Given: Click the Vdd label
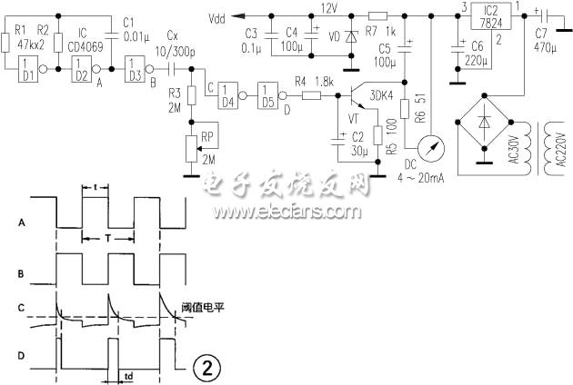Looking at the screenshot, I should click(218, 17).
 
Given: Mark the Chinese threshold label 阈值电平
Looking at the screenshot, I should click(203, 308).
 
